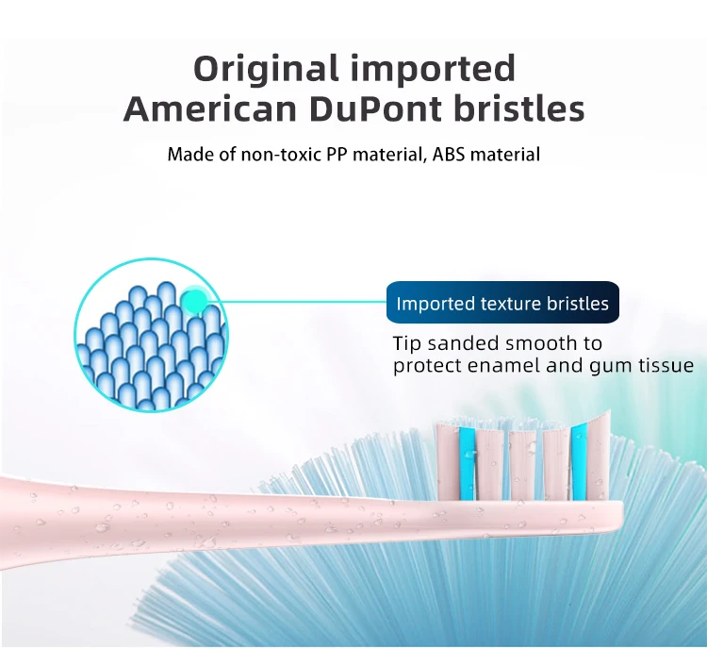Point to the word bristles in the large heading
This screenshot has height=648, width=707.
pyautogui.click(x=515, y=109)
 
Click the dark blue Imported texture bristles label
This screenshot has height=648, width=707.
pyautogui.click(x=502, y=304)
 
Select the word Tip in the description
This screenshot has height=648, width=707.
pyautogui.click(x=406, y=343)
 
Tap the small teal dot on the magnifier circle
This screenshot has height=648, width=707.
pyautogui.click(x=195, y=302)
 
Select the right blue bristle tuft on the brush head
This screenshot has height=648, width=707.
pyautogui.click(x=579, y=462)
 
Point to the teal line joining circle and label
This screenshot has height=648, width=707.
pyautogui.click(x=302, y=303)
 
